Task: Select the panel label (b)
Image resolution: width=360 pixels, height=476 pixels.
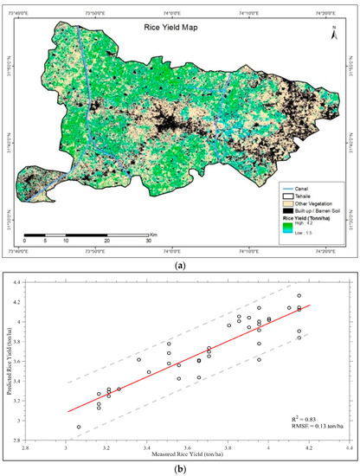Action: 179,468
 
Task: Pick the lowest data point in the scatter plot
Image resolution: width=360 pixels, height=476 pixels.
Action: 79,427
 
